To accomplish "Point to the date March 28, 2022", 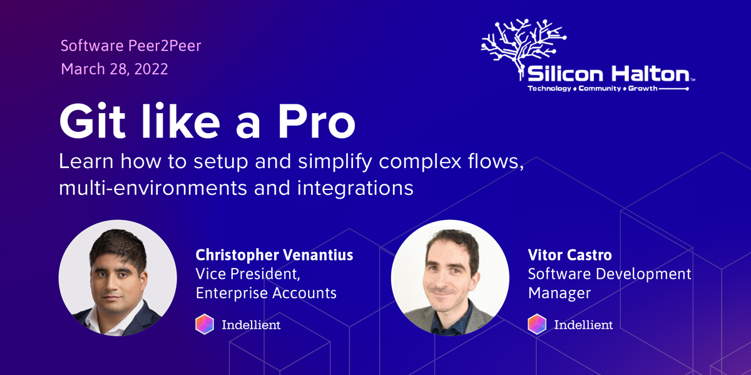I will (x=115, y=69).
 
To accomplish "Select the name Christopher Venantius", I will (x=274, y=255).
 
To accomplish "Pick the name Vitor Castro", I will (x=570, y=256).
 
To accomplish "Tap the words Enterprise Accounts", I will (x=266, y=292).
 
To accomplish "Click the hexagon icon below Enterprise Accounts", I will (x=205, y=324).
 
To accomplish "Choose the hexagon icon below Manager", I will (x=537, y=324).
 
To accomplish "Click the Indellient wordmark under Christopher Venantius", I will (x=251, y=325).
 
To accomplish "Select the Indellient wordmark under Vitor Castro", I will (x=583, y=325).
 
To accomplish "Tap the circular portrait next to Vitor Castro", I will (x=450, y=277).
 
